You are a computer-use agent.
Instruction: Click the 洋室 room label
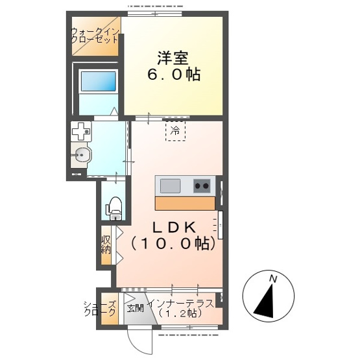(x=173, y=58)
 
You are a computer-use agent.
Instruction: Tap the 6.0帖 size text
(x=174, y=75)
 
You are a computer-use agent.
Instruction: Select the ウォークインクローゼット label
(x=95, y=36)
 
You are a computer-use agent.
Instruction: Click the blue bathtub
(x=98, y=81)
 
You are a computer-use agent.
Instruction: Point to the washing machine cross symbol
(x=81, y=131)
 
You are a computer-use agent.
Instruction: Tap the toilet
(x=114, y=208)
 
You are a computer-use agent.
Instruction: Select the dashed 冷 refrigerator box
(x=175, y=131)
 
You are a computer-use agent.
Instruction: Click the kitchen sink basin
(x=170, y=186)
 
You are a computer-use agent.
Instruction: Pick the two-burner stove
(x=202, y=186)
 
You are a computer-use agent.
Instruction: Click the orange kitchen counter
(x=185, y=203)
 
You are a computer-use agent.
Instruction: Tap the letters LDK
(x=174, y=228)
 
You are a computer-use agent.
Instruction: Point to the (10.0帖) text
(x=173, y=243)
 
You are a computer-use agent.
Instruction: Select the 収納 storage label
(x=106, y=245)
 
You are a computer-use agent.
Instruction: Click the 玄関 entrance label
(x=135, y=308)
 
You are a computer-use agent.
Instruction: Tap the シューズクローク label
(x=100, y=309)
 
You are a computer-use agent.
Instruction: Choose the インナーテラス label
(x=180, y=304)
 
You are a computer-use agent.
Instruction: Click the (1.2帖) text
(x=180, y=313)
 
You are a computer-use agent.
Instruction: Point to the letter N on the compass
(x=273, y=279)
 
